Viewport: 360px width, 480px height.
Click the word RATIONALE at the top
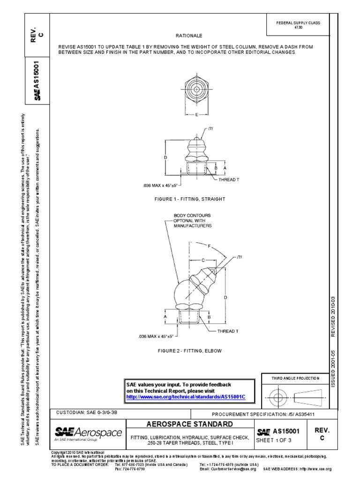pyautogui.click(x=188, y=35)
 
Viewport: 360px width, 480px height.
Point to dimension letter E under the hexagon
pyautogui.click(x=196, y=114)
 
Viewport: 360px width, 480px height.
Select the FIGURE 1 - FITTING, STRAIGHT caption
pyautogui.click(x=190, y=199)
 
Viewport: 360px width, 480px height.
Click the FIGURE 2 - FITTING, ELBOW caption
pyautogui.click(x=190, y=351)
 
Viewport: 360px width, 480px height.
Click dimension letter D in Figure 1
pyautogui.click(x=165, y=157)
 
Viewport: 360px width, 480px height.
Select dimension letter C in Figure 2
pyautogui.click(x=203, y=259)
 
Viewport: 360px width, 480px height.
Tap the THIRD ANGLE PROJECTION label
pyautogui.click(x=296, y=378)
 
